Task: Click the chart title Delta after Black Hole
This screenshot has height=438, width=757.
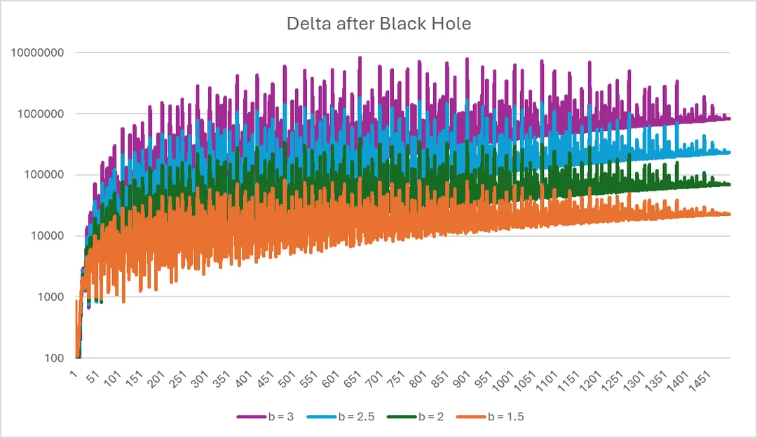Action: tap(378, 23)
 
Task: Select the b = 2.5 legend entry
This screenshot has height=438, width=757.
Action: tap(340, 416)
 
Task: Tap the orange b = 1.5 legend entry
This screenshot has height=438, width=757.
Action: tap(489, 416)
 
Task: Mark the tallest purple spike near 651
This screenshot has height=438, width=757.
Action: tap(360, 58)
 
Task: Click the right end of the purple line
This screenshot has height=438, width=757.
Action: tap(729, 118)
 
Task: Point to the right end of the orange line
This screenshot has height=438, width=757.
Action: tap(729, 214)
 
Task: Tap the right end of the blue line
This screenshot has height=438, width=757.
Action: tap(729, 152)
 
